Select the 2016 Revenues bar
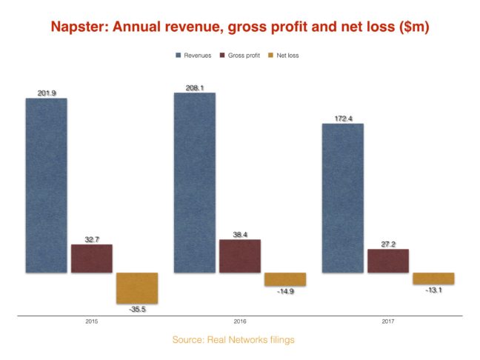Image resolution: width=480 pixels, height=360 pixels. coord(195,182)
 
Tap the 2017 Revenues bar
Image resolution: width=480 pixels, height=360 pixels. coord(343,198)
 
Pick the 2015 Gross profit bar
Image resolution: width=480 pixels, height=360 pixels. coord(92,259)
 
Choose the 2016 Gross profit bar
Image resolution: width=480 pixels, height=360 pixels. coord(240,256)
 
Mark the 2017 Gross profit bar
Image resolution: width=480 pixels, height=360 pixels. coord(388,261)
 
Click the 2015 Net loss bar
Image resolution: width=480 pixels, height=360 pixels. coord(137,288)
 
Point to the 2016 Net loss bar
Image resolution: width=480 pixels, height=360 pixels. coord(285,279)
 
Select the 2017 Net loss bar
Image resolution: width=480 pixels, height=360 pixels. coord(433,279)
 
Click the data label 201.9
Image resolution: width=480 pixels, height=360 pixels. coord(47,93)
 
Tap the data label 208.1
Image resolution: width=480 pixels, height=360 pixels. coord(195,87)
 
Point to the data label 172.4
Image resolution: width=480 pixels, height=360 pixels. coord(343,119)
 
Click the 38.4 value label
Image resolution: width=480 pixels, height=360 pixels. coord(240,235)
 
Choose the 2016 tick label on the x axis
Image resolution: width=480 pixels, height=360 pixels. coord(240,323)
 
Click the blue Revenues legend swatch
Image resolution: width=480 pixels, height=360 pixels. coord(179,56)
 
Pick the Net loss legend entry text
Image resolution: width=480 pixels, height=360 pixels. coord(287,56)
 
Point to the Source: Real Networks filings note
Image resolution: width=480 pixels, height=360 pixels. coord(234,339)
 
